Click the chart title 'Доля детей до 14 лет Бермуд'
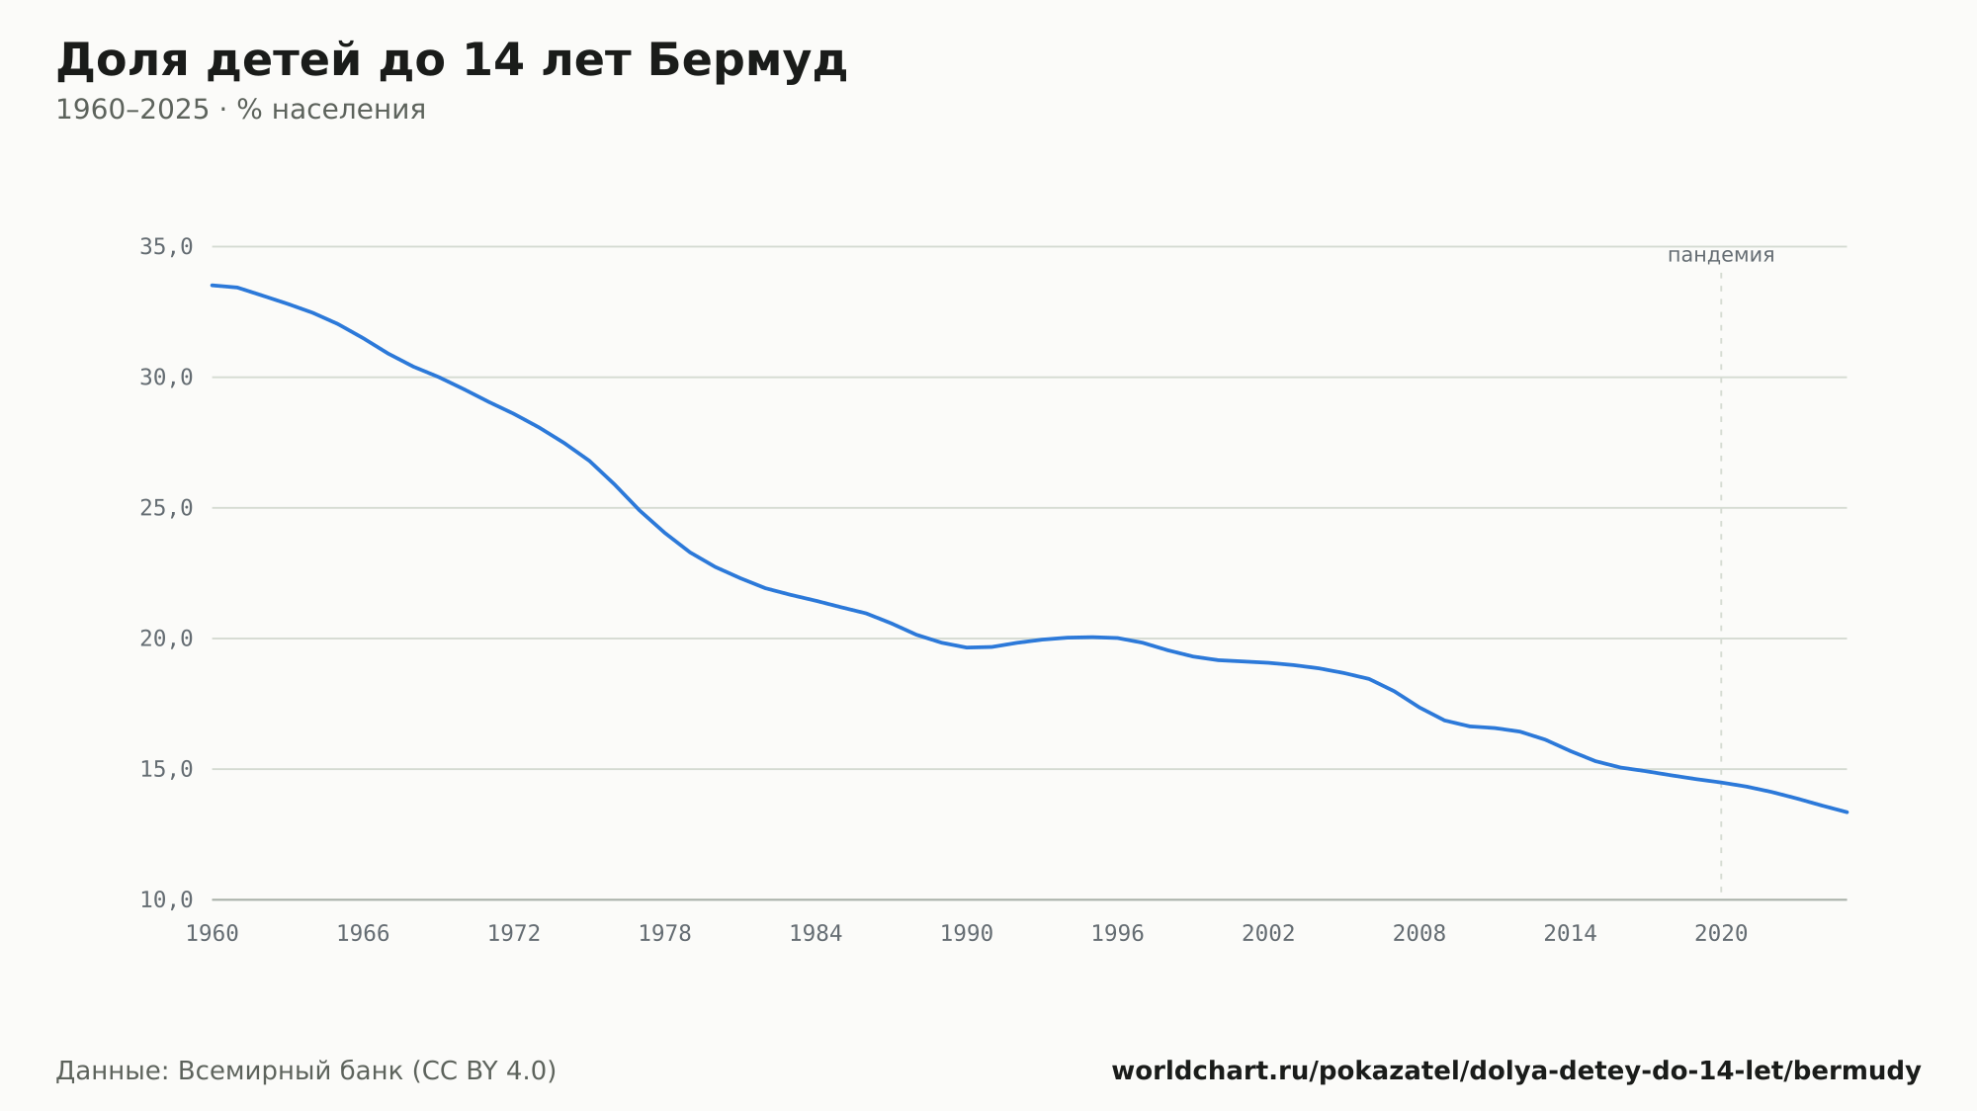[452, 61]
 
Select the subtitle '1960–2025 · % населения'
[240, 110]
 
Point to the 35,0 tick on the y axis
[166, 247]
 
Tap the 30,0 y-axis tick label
[166, 378]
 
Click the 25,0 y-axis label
[166, 508]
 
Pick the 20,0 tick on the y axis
[166, 639]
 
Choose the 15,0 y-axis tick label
[166, 769]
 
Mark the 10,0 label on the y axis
[166, 899]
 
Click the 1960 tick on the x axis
[213, 934]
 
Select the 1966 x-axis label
[363, 934]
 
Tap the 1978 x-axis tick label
[664, 934]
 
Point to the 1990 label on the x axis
[967, 934]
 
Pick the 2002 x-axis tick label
[1268, 934]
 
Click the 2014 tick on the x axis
[1570, 934]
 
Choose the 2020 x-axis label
[1721, 934]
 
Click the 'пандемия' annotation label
[1721, 255]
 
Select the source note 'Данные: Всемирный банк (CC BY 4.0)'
[306, 1071]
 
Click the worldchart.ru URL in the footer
[1516, 1071]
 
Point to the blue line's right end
[1847, 812]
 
